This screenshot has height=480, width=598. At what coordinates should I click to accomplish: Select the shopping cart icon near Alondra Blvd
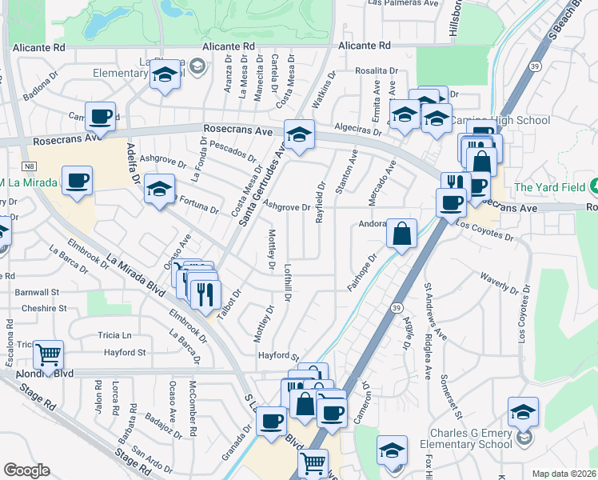(49, 354)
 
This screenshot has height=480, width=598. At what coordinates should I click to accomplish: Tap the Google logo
(26, 470)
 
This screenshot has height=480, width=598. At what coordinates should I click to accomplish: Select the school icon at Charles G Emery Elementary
(523, 413)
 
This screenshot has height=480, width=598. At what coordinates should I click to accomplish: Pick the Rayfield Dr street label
(320, 201)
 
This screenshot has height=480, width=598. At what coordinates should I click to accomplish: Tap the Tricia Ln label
(114, 334)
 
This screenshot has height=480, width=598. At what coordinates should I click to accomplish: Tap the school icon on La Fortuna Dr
(159, 190)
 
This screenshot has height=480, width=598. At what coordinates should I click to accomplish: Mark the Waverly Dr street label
(499, 278)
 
